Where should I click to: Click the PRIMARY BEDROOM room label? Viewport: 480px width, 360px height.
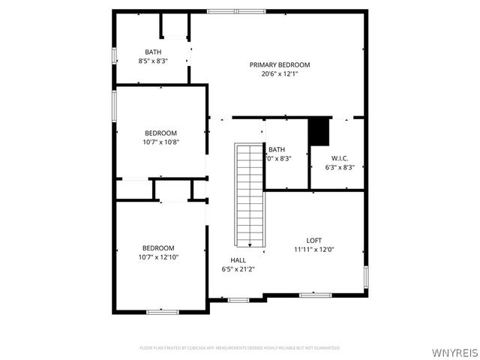280,65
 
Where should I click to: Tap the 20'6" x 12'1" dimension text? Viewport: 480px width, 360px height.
280,74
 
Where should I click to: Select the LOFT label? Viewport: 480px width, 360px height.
313,241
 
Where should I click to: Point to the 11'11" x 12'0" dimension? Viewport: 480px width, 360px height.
313,250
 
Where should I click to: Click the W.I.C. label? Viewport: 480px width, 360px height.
340,158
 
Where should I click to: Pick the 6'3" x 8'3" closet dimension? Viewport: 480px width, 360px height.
340,167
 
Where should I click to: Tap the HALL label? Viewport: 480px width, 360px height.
238,259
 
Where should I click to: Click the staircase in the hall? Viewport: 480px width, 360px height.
249,195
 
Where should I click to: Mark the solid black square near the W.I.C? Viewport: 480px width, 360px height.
319,131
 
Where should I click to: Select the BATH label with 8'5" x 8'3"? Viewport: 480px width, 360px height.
153,52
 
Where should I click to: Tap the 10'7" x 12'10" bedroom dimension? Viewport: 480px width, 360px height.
159,257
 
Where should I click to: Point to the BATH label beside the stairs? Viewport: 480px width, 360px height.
277,149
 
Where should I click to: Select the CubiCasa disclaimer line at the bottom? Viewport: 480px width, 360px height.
240,348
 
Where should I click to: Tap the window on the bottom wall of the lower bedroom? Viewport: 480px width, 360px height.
162,311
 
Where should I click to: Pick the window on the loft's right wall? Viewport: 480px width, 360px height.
366,277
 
